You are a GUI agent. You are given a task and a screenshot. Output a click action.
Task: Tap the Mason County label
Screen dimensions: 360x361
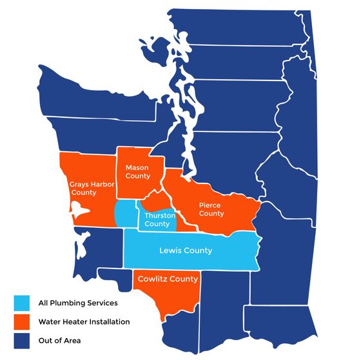137,171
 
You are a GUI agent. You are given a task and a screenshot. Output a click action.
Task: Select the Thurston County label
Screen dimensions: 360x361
157,220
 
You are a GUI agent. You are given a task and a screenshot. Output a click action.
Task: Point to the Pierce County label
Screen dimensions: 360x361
211,208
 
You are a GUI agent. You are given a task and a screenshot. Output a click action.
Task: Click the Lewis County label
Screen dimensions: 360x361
185,251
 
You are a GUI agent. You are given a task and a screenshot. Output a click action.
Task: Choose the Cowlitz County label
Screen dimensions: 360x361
167,279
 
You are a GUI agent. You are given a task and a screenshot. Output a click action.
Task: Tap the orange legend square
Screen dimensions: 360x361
23,321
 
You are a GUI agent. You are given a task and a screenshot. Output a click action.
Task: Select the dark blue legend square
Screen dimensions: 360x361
23,339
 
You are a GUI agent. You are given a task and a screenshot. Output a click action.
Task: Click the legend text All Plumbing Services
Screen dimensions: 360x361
78,302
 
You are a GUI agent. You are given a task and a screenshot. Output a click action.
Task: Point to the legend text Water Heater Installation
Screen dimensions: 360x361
84,321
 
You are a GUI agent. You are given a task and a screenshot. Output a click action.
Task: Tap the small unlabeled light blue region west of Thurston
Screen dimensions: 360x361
124,213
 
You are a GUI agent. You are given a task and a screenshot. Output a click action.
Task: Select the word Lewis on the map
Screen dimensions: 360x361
170,251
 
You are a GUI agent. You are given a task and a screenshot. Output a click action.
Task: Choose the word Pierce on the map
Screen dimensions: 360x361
212,204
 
